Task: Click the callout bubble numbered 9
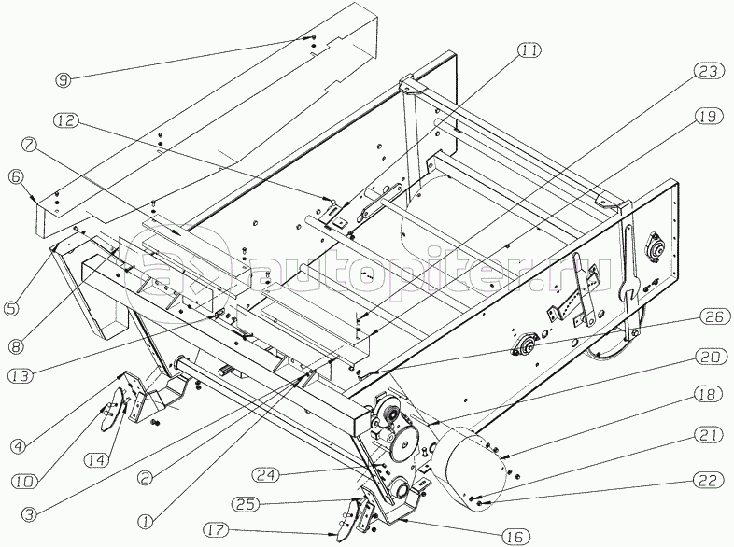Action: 64,79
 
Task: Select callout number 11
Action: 529,51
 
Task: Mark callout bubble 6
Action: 17,175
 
